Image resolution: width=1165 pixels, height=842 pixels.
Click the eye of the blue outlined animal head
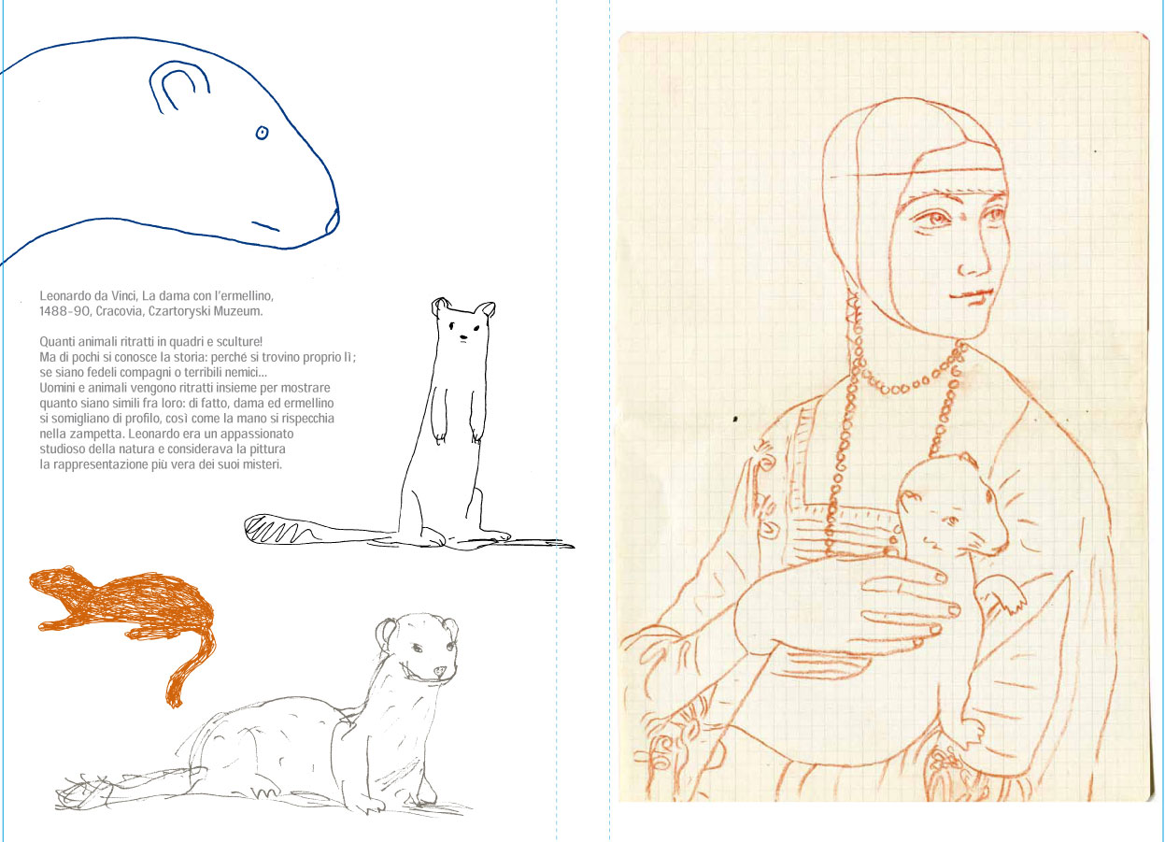263,133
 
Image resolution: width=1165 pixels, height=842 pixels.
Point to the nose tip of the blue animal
333,221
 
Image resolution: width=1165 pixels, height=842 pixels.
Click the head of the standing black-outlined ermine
462,322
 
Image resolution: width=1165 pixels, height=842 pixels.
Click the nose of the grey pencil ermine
439,671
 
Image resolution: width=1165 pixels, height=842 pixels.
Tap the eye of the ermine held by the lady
952,520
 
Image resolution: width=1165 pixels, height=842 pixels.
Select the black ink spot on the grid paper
735,419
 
